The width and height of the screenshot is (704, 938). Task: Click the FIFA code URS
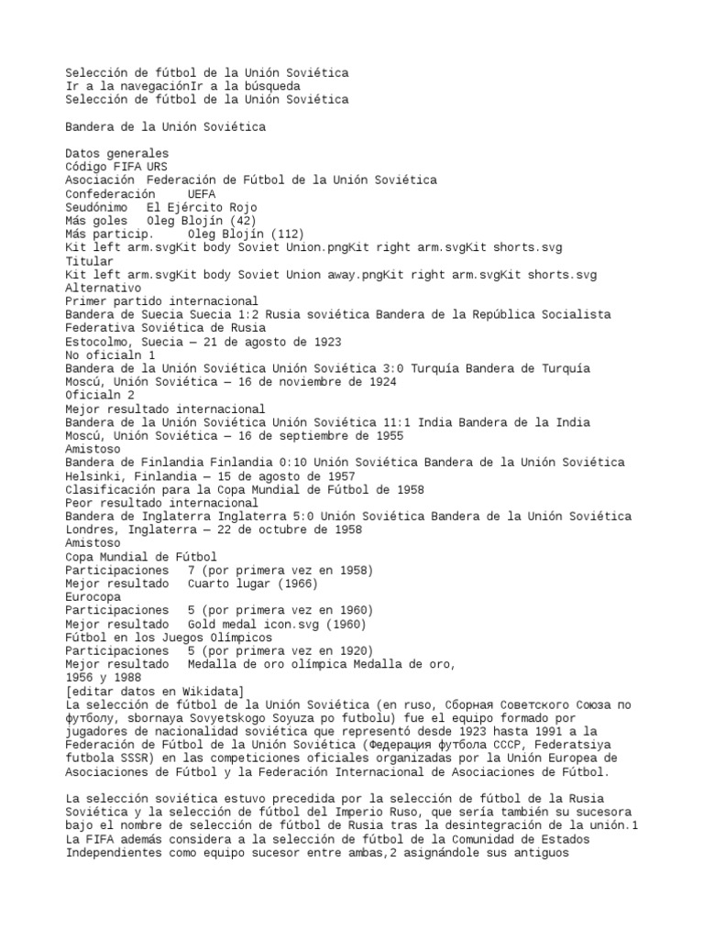coord(157,167)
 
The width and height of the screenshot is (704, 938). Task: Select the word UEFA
coord(201,194)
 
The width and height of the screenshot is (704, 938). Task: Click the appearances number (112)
coord(285,234)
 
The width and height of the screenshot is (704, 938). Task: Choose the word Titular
coord(89,261)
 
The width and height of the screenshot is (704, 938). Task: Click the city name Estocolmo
coord(99,342)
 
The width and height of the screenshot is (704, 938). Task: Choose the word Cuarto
coord(211,584)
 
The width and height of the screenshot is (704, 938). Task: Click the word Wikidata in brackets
coord(207,691)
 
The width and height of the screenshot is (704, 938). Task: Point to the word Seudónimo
coord(96,207)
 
